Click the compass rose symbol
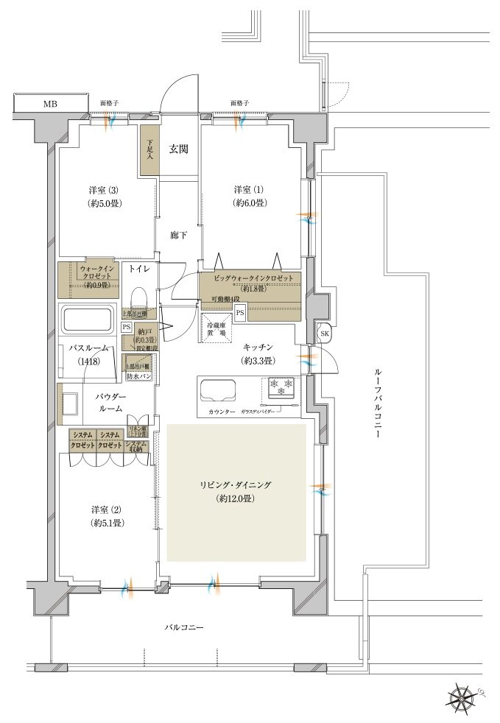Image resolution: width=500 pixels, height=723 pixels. coord(462,696)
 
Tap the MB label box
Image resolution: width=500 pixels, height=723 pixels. coord(49,104)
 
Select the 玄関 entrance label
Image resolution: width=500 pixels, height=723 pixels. coord(178,149)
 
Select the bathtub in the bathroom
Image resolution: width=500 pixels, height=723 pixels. coord(86,320)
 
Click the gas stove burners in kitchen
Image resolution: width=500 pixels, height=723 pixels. coord(281,384)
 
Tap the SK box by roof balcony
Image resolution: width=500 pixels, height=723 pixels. coord(324,334)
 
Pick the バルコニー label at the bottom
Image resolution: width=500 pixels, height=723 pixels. coord(183,627)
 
